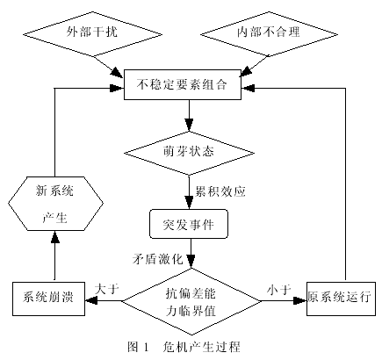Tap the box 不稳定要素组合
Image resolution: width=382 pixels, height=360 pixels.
click(188, 86)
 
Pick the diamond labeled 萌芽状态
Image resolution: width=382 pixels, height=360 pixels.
click(188, 149)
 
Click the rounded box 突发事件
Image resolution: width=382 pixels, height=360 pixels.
click(188, 224)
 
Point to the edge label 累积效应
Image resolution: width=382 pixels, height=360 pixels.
click(226, 190)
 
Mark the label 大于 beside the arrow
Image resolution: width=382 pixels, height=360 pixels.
click(107, 287)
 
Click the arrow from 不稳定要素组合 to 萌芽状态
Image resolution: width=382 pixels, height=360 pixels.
click(188, 115)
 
